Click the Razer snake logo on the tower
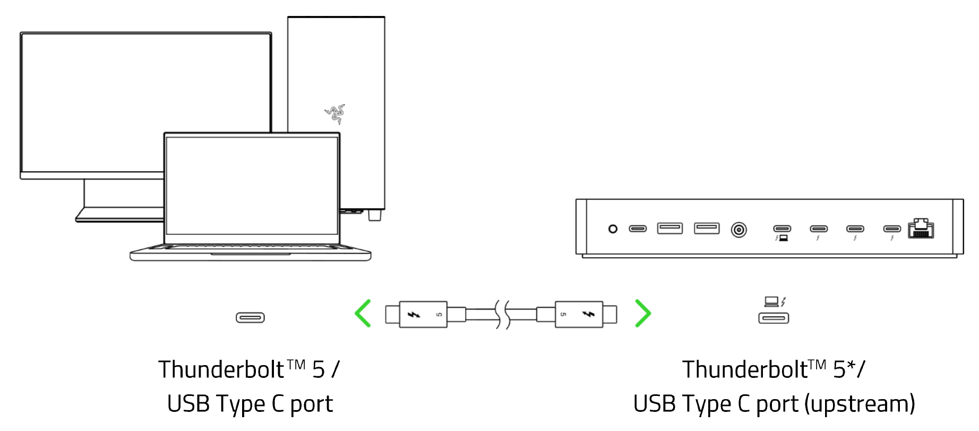335,113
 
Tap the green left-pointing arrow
363,313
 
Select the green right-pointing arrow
643,313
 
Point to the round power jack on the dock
739,230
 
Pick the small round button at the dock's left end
613,229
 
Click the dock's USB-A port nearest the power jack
707,229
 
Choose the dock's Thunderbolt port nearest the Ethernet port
892,229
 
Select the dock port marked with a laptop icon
782,229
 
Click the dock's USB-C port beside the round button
638,229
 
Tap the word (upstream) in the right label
860,404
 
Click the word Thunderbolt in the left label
222,370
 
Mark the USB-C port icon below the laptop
250,318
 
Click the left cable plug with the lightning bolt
423,315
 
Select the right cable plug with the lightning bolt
579,315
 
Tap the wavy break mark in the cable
502,314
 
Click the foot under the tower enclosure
375,215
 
